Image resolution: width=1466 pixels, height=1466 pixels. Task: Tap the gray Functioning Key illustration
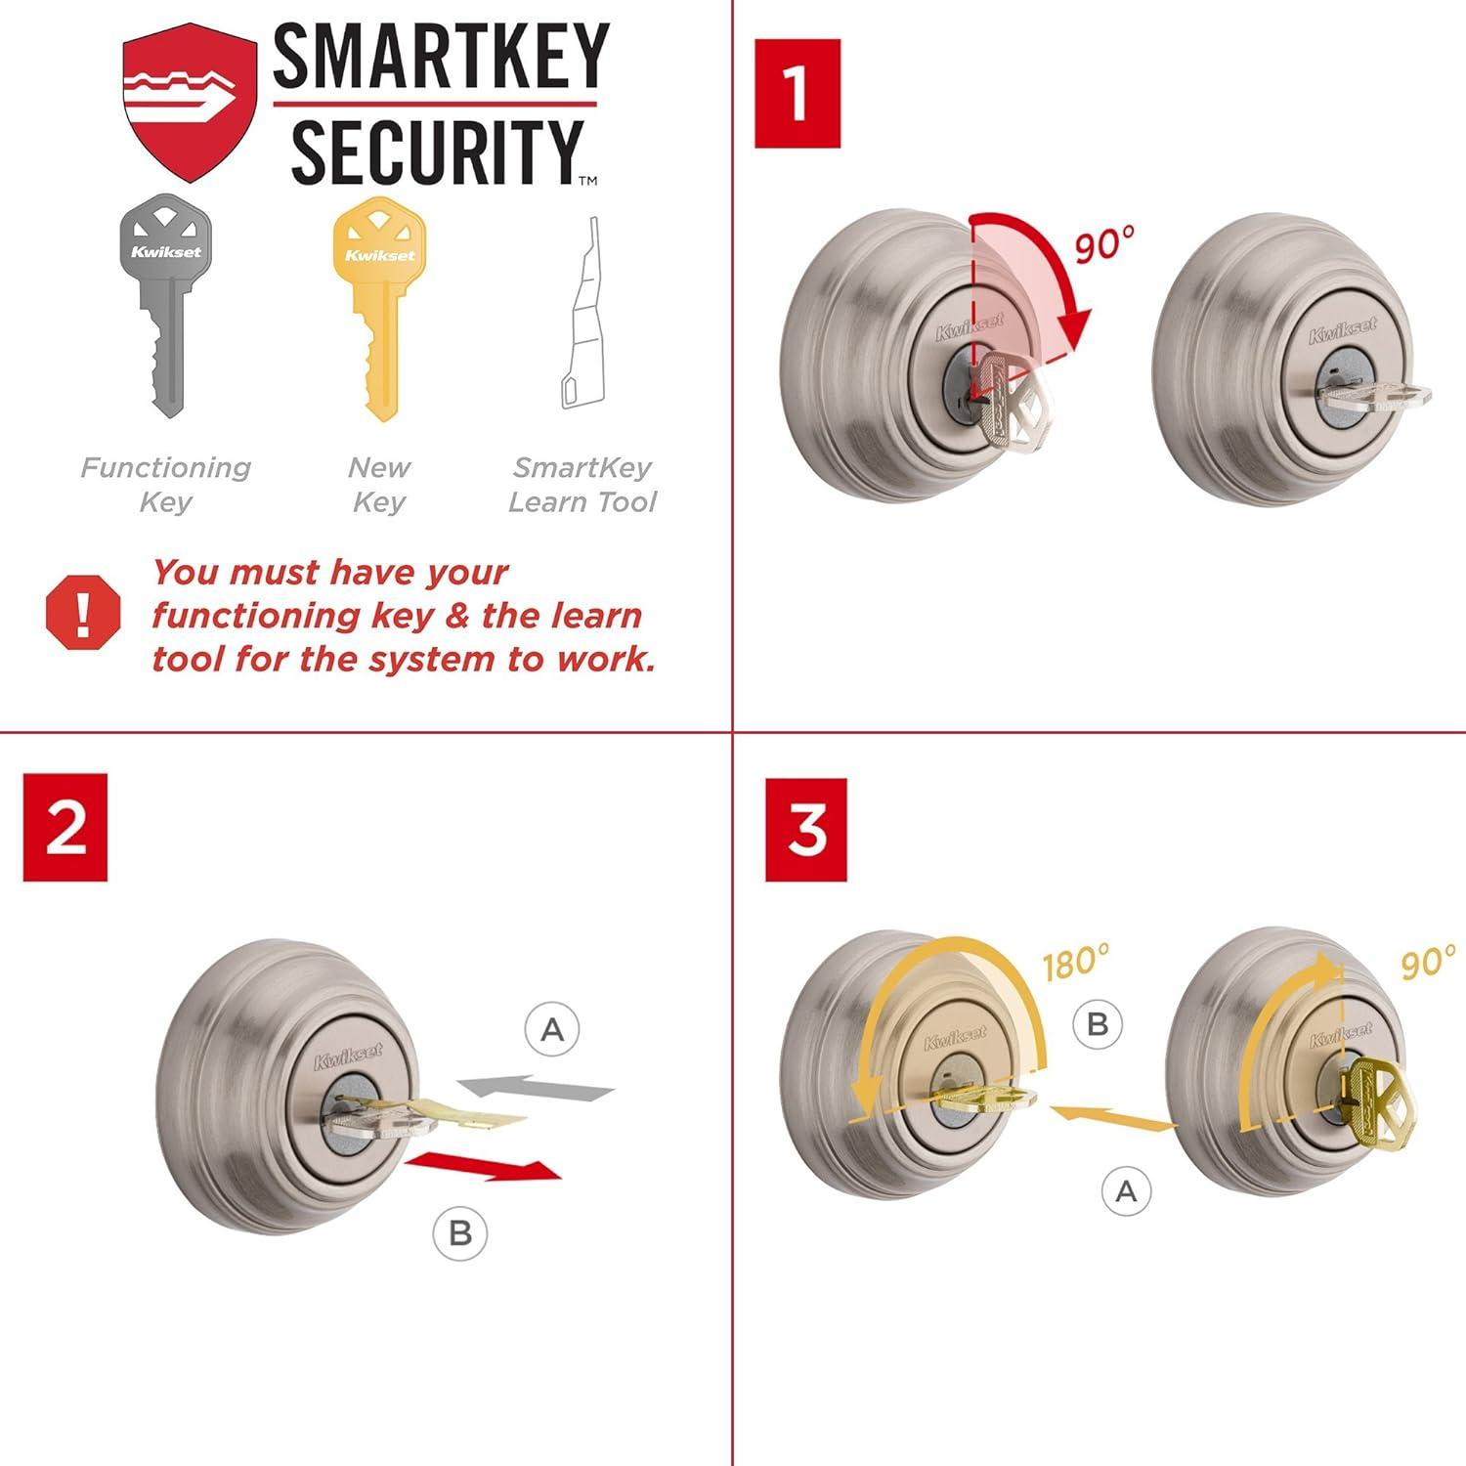(166, 303)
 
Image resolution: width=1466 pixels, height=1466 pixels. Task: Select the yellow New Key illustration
(379, 303)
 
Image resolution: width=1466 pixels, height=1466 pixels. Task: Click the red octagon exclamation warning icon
(83, 612)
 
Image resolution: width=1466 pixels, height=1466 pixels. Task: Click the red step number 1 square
(797, 94)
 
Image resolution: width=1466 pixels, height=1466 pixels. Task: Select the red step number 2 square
(65, 827)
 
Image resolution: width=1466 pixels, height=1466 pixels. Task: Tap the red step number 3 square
(806, 830)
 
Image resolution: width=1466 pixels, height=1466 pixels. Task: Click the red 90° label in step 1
(1104, 244)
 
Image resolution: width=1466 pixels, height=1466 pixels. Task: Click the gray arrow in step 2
(537, 1088)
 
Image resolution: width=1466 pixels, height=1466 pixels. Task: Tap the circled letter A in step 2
(552, 1029)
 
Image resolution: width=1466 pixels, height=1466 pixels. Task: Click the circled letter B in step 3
(1098, 1024)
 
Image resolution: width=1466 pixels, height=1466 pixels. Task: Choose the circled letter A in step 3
(1126, 1191)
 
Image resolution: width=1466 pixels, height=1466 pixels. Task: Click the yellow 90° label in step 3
(1427, 963)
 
